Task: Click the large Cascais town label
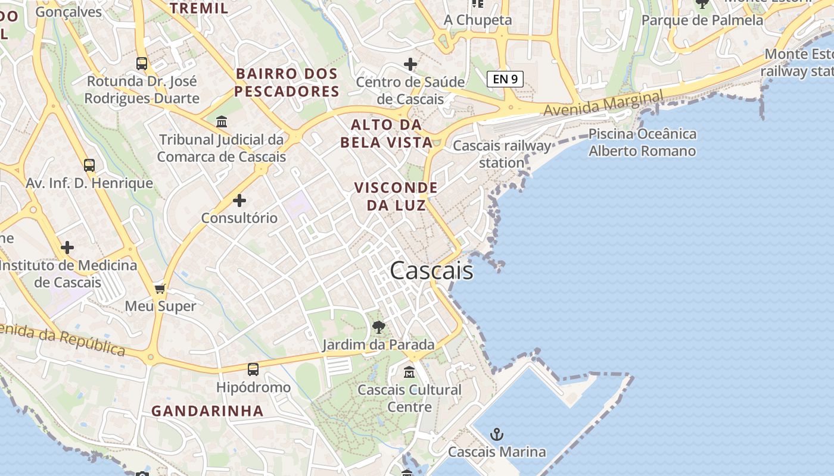(x=431, y=271)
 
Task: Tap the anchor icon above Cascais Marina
(x=496, y=434)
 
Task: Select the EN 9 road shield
(x=505, y=79)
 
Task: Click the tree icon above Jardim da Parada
(x=378, y=327)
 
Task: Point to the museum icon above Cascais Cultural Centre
(x=409, y=372)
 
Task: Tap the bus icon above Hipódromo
(x=253, y=369)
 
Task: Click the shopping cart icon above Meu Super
(x=160, y=289)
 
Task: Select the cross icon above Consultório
(x=239, y=201)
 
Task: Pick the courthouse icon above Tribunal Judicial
(x=222, y=122)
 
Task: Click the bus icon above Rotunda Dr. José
(x=142, y=64)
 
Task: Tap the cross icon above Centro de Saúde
(x=410, y=64)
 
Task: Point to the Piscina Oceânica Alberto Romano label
(x=642, y=142)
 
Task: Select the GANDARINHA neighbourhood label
(x=207, y=411)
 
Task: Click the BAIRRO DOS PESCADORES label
(x=287, y=83)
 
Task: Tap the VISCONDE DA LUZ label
(x=396, y=196)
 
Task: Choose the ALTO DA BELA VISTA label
(x=386, y=133)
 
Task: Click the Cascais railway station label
(x=502, y=154)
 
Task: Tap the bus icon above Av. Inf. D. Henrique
(x=89, y=165)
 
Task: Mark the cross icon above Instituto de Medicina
(x=67, y=248)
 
